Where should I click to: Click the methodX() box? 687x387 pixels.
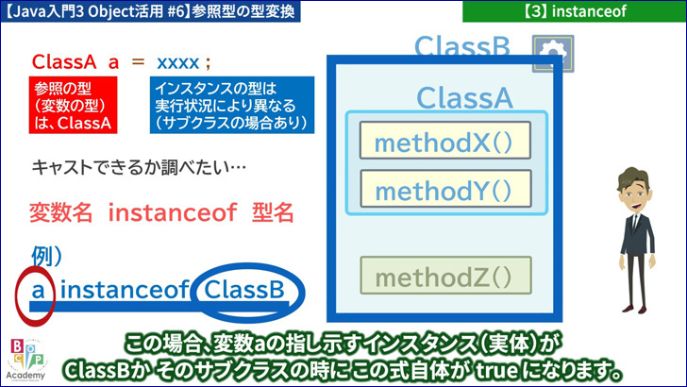(x=445, y=141)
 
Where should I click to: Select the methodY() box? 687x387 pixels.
(x=445, y=189)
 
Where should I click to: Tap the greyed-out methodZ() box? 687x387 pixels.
(x=445, y=276)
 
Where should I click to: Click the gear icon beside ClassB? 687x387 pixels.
(x=553, y=54)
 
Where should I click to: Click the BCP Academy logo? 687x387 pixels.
(x=25, y=360)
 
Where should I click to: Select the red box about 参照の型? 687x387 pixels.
(x=73, y=105)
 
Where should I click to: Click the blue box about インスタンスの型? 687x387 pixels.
(x=232, y=105)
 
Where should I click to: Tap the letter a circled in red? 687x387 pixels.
(x=38, y=290)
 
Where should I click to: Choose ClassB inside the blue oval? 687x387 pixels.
(x=244, y=290)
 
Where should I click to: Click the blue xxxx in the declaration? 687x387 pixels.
(x=177, y=63)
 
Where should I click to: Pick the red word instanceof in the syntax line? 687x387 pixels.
(x=172, y=212)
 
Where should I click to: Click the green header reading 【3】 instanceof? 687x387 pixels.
(x=575, y=11)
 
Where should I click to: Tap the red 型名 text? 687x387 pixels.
(x=273, y=213)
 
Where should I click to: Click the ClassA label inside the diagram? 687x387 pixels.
(x=464, y=97)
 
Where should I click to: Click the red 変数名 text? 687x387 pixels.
(x=61, y=213)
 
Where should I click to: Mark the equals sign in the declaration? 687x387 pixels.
(x=138, y=61)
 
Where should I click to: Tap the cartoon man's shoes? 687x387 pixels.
(x=635, y=309)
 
